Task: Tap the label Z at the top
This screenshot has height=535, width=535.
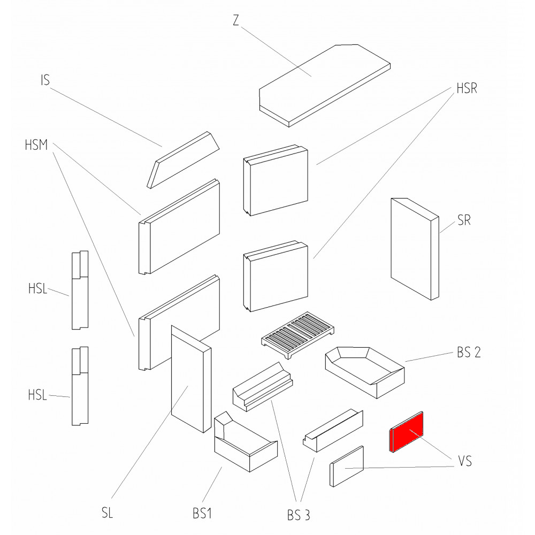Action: pos(236,20)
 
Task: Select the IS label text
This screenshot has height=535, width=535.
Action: pos(45,81)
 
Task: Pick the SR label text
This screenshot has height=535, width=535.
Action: pos(464,220)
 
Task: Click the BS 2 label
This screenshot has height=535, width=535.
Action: pos(471,353)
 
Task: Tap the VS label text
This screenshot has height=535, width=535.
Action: pos(465,461)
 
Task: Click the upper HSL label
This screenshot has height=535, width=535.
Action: pos(37,291)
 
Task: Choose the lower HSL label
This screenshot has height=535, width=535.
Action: pos(37,396)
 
